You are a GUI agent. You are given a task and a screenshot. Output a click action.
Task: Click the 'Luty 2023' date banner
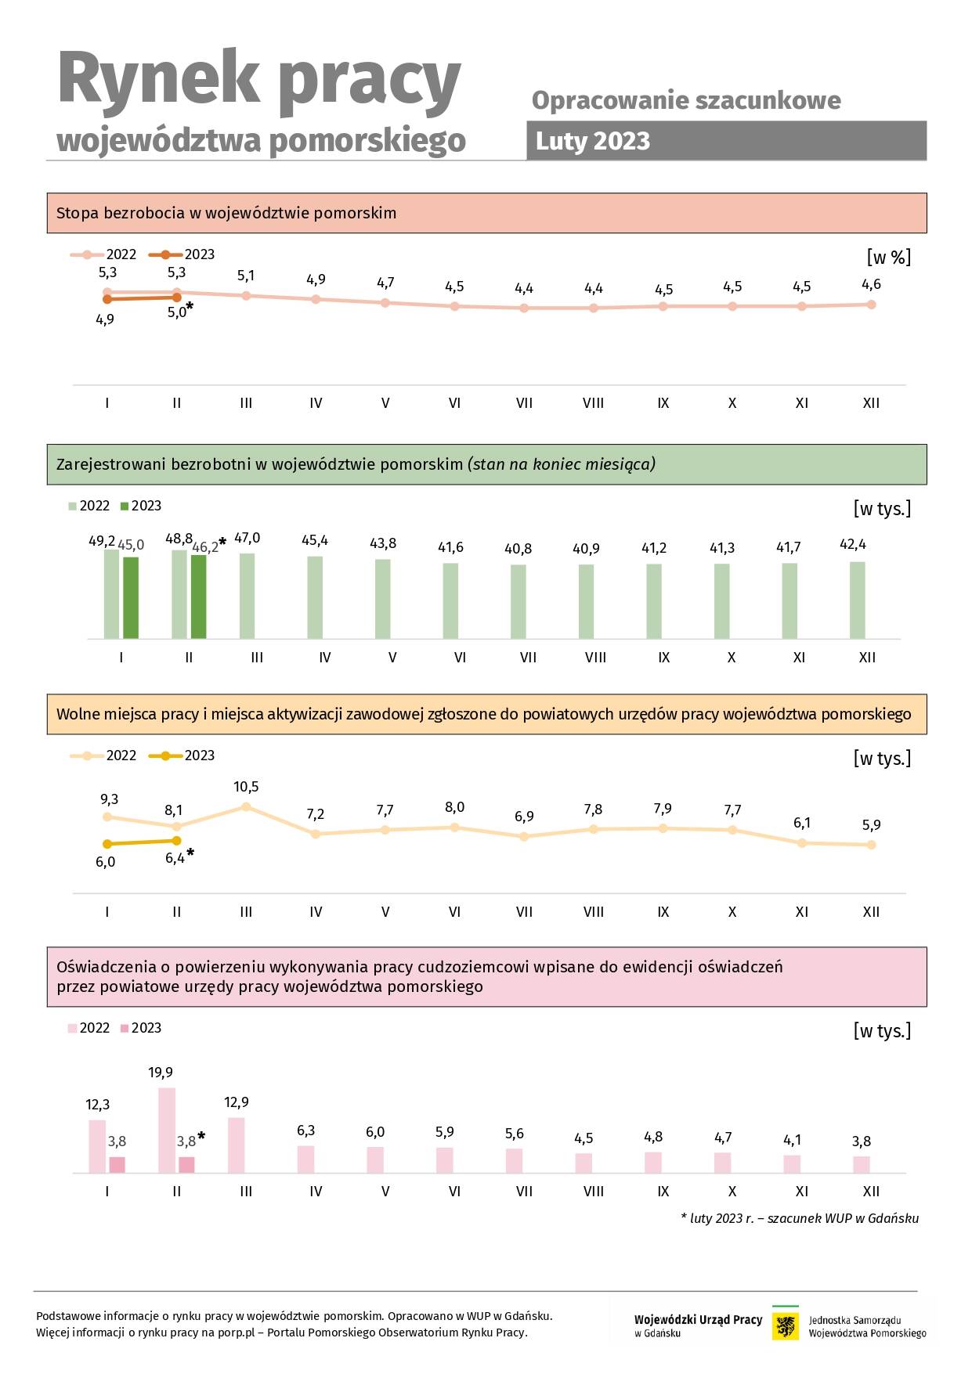coord(726,141)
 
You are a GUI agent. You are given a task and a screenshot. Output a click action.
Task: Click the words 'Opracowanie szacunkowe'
coord(686,100)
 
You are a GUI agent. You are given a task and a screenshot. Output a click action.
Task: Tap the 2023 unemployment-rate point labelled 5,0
coord(176,298)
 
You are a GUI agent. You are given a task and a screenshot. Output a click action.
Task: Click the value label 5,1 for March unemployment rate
coord(246,276)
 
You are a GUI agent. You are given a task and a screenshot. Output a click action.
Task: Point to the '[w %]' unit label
coord(889,257)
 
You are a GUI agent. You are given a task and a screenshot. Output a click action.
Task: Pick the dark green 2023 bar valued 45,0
coord(131,598)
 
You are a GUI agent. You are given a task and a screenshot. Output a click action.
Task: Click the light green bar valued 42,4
coord(858,600)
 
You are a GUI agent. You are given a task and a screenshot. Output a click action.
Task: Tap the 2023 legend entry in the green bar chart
coord(141,506)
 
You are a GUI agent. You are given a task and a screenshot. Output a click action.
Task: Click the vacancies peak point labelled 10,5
coord(246,806)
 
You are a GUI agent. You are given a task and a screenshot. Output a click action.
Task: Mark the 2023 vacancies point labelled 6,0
coord(107,844)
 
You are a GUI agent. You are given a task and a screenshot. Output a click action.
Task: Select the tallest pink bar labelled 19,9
coord(167,1131)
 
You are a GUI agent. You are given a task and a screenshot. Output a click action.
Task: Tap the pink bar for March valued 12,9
coord(237,1145)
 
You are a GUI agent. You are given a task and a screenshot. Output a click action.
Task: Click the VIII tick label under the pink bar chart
coord(594,1192)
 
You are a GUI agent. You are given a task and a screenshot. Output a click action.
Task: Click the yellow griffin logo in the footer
coord(786,1326)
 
